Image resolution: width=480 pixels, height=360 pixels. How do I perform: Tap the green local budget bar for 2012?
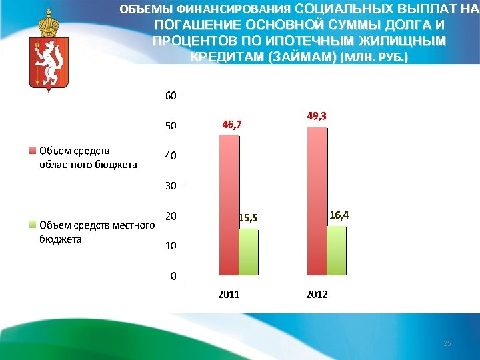pos(336,251)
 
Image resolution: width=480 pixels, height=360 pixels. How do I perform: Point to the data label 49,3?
pos(317,115)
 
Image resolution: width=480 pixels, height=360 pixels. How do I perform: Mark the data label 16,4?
pos(339,215)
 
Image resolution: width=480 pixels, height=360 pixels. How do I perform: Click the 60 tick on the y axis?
pos(171,95)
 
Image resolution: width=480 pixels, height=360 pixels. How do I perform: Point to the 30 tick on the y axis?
pos(171,185)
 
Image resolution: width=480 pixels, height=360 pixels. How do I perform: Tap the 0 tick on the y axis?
pos(173,275)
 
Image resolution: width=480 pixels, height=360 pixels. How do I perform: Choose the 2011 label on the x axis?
pos(229,294)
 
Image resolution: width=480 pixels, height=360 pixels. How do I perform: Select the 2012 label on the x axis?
pos(317,294)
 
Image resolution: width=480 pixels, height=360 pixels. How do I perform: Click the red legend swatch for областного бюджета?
pos(32,151)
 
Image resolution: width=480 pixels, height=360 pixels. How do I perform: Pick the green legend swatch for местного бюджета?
pos(32,225)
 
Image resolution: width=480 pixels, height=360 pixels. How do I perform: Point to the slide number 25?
pos(447,343)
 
